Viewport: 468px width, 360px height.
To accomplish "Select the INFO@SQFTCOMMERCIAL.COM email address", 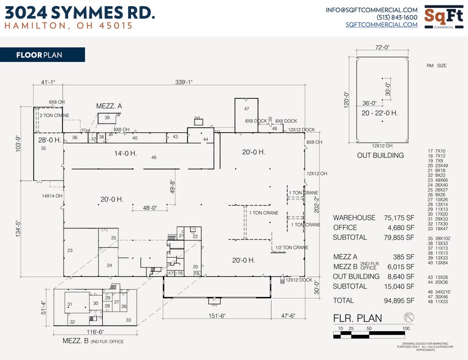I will tap(372, 10).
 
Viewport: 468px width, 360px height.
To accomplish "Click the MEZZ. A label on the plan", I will tap(109, 106).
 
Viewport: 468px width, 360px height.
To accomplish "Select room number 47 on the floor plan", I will tap(247, 108).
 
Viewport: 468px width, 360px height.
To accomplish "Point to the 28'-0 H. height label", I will tap(49, 140).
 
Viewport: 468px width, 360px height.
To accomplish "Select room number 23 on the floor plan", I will tap(70, 250).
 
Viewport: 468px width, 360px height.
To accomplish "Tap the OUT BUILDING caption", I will tap(380, 156).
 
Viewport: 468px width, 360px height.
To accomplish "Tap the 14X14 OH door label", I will tap(53, 196).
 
